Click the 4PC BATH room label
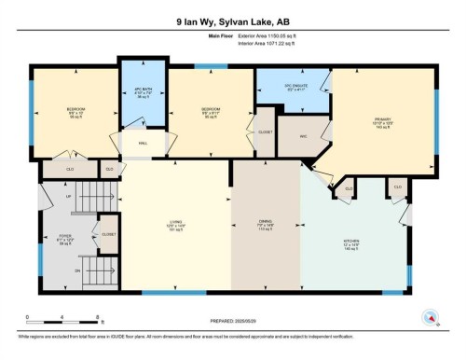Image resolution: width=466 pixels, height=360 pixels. click(x=143, y=92)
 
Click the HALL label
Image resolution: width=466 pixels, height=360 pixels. click(x=144, y=143)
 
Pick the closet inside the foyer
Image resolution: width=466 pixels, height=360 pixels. click(x=107, y=234)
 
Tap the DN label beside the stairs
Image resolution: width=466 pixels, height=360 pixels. click(x=77, y=270)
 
